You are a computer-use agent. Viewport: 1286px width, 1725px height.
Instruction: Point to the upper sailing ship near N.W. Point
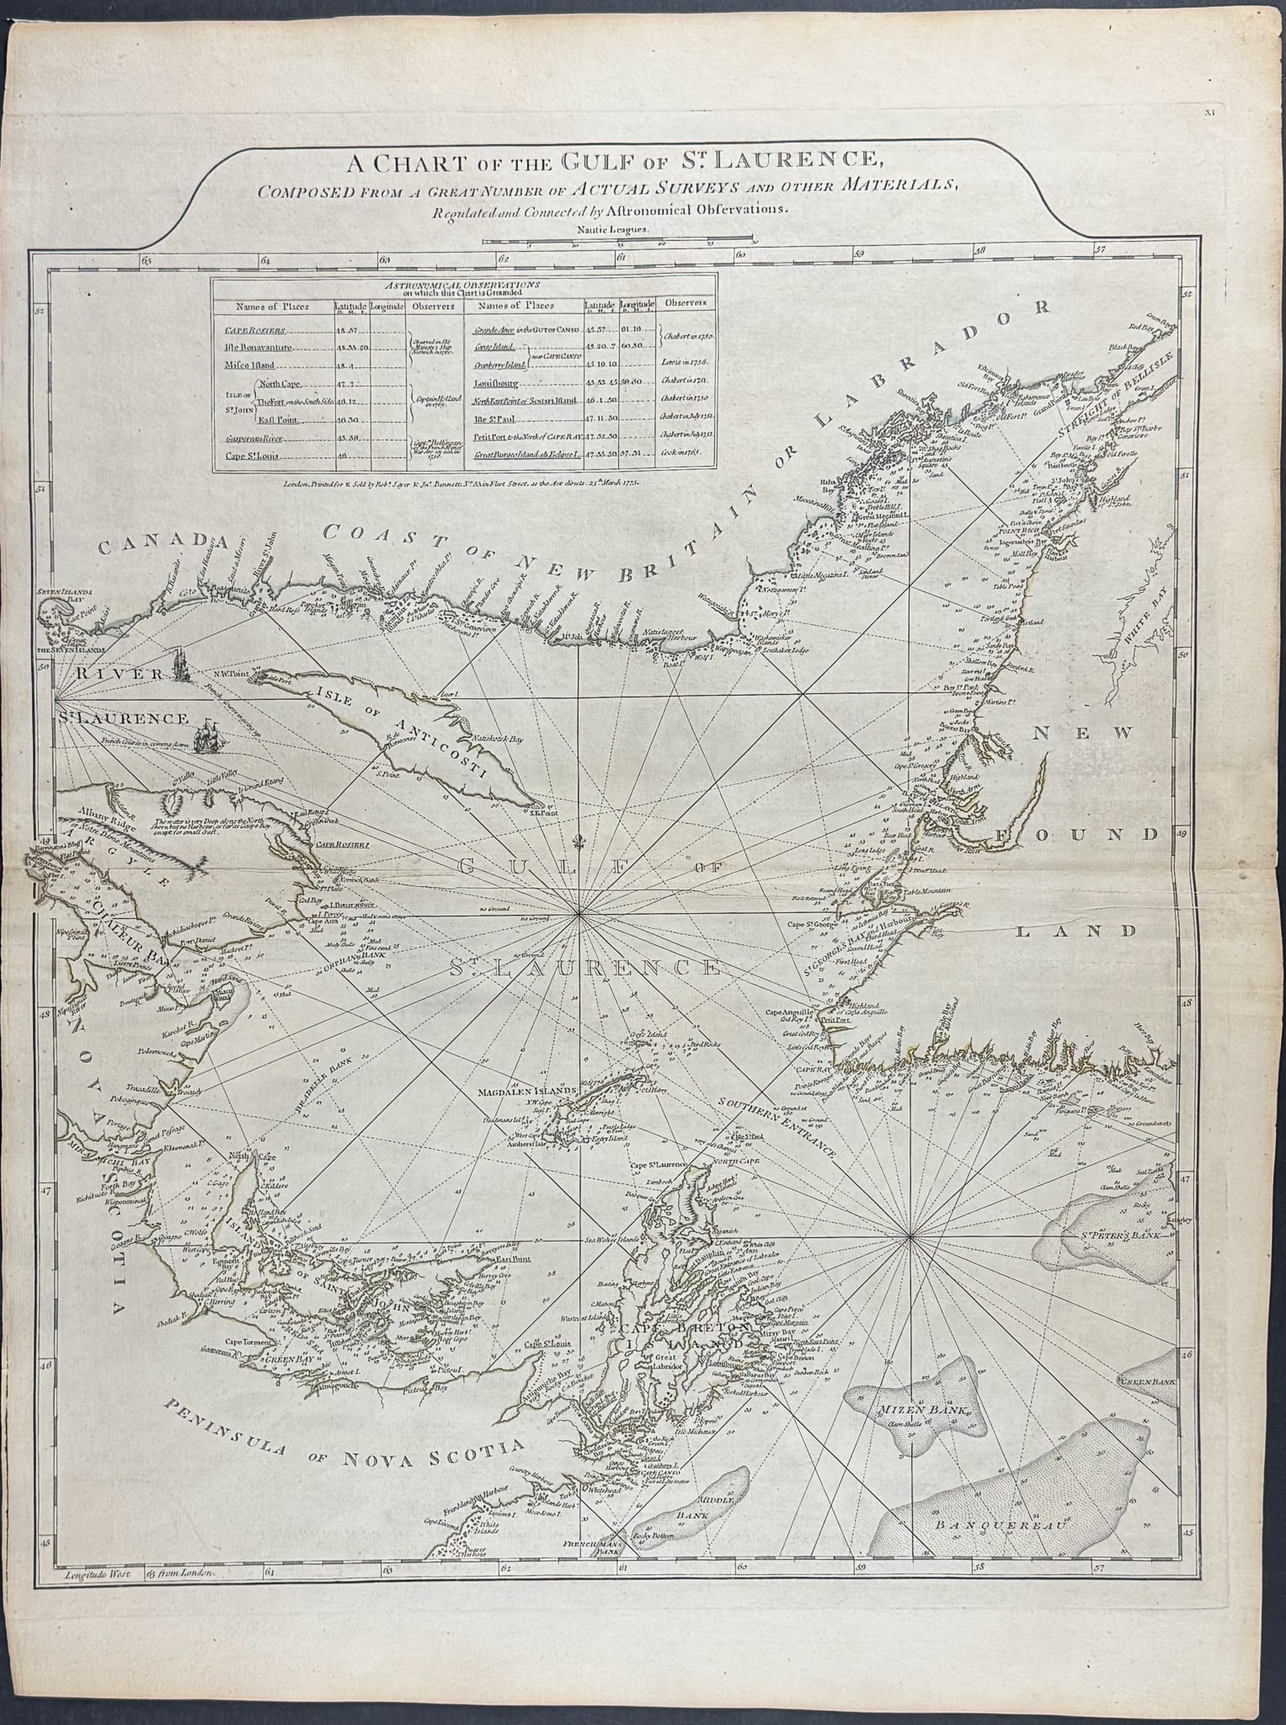pos(180,665)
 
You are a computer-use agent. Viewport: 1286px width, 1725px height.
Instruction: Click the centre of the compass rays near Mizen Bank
pos(911,1236)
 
